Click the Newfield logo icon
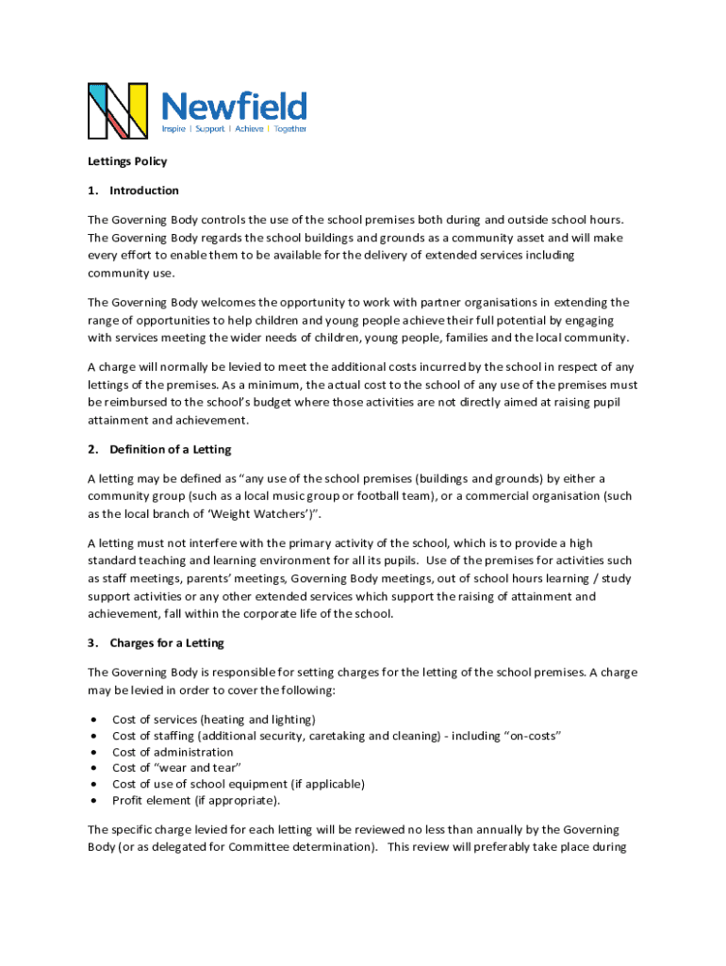[118, 110]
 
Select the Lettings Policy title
[127, 161]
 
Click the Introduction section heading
[144, 191]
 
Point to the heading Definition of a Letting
[171, 449]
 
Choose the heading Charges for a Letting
[167, 643]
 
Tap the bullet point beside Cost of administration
[94, 752]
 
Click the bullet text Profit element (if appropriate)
[196, 800]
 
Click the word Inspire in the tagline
[173, 129]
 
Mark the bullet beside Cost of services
[94, 720]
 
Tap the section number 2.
[92, 449]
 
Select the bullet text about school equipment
[239, 784]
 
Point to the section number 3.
[92, 643]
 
